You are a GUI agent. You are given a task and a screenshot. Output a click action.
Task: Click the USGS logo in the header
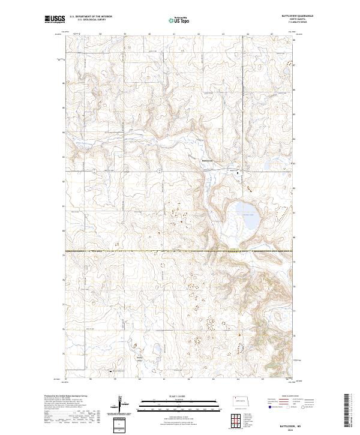point(55,20)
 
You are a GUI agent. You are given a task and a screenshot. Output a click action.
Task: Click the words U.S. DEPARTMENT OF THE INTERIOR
point(91,17)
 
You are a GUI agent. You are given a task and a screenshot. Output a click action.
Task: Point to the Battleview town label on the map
point(208,160)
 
